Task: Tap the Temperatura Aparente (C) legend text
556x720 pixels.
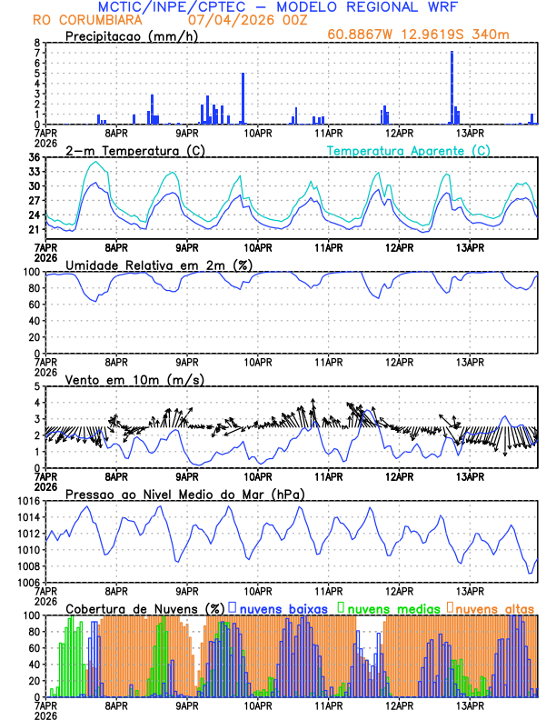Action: point(409,150)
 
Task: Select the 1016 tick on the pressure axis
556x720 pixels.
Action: point(28,501)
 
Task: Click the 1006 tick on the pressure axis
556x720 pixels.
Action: point(28,582)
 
